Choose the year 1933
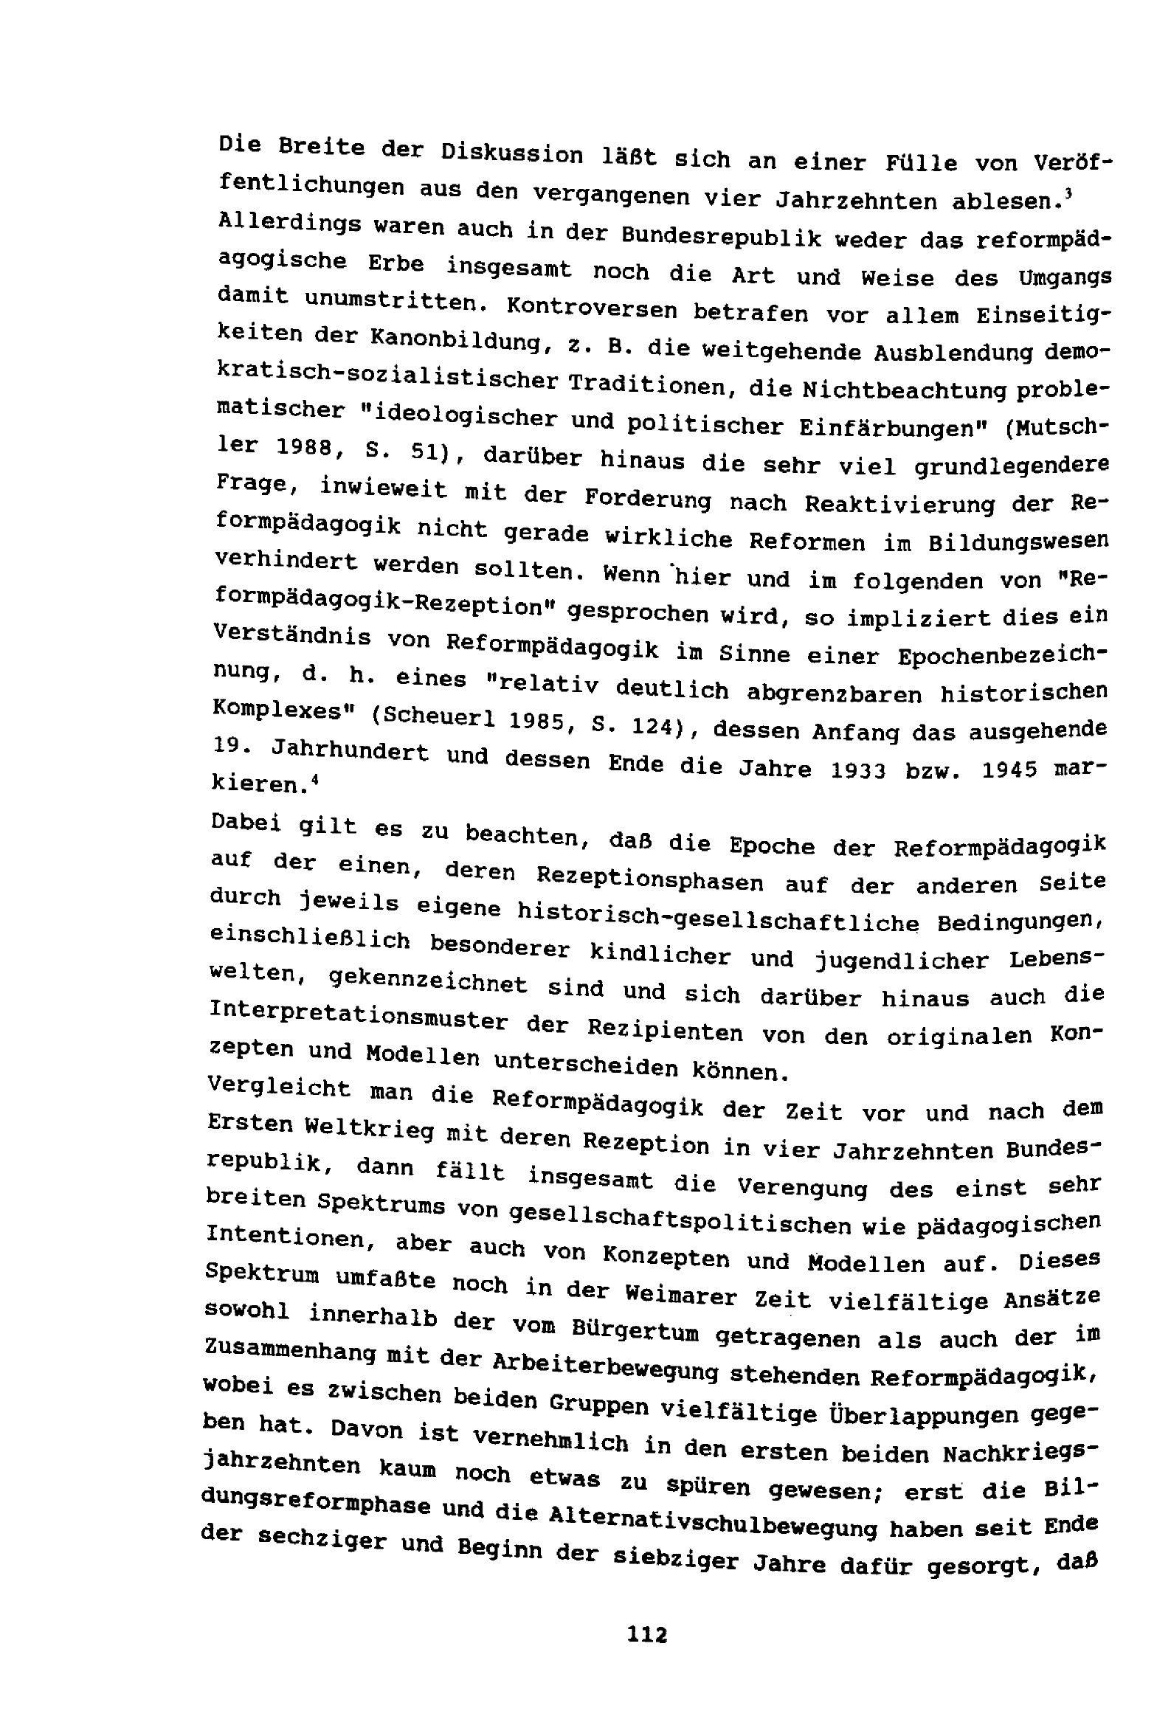point(857,770)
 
